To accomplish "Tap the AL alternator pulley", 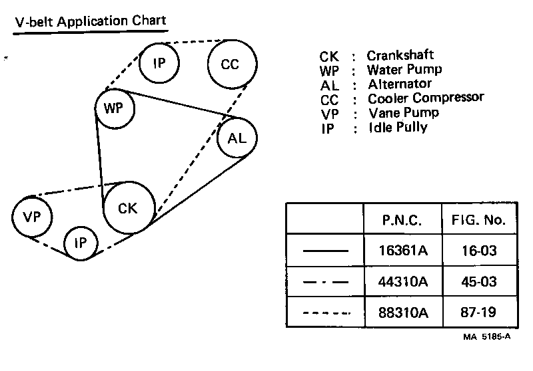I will coord(237,138).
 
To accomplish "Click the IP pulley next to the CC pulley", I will coord(159,64).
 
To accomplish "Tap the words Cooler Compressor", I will coord(426,98).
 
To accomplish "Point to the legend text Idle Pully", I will coord(397,127).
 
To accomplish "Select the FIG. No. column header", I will coord(478,219).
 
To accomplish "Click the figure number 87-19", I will coord(478,312).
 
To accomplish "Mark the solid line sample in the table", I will coord(325,251).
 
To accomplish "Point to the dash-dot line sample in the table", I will coord(325,282).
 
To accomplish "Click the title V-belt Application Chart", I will coord(90,21).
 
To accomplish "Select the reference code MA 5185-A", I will coord(487,336).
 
